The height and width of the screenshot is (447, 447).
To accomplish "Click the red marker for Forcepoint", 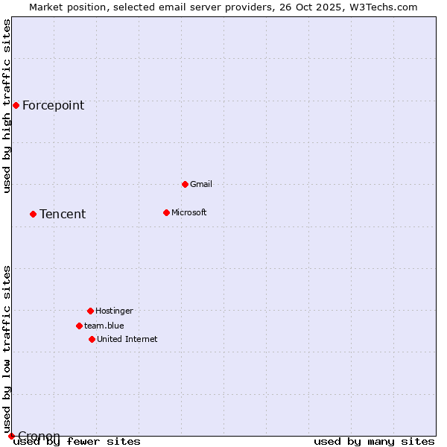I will [16, 105].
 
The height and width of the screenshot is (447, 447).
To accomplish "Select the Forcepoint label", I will [53, 105].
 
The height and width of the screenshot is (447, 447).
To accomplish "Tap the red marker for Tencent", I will [33, 214].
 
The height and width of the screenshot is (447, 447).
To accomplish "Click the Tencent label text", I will [63, 214].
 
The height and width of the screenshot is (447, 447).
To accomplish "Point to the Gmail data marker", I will [185, 184].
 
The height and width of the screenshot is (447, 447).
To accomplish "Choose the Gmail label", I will [201, 184].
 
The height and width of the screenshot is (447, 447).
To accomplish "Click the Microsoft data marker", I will [166, 212].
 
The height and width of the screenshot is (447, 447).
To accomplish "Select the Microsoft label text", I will [189, 212].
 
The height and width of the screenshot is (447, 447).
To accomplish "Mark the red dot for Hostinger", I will [90, 311].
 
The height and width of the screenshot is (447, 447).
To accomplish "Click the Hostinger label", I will [114, 311].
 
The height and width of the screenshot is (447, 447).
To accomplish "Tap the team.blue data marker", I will [79, 326].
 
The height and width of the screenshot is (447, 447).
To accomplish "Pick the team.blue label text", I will [104, 326].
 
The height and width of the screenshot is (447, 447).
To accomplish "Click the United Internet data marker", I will [92, 339].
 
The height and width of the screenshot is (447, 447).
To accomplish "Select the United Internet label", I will [127, 339].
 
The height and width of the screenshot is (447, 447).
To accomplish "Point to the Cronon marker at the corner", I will [11, 436].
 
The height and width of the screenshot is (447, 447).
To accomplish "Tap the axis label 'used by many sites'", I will [374, 442].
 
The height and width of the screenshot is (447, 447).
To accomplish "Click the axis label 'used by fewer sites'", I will [77, 442].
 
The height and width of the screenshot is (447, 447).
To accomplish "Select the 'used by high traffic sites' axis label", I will [7, 106].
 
